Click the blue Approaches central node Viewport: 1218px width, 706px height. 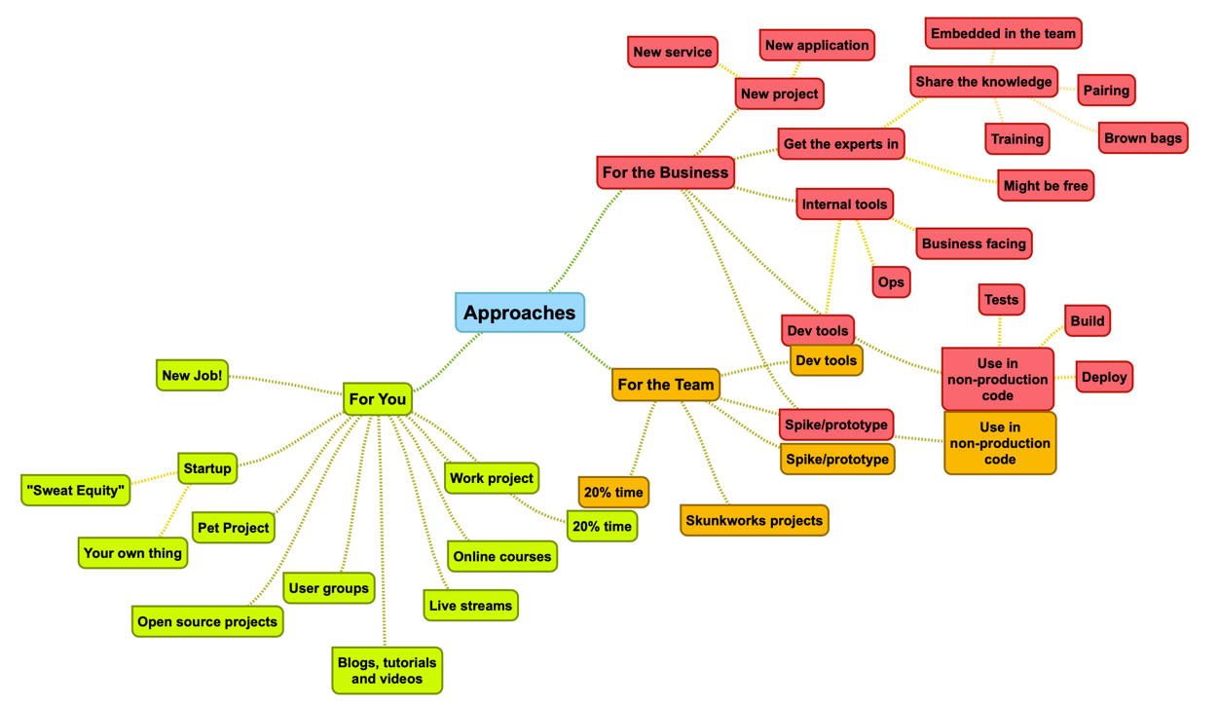click(520, 313)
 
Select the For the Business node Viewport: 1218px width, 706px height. click(665, 172)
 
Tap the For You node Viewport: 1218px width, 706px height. click(378, 398)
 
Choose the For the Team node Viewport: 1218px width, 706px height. click(666, 385)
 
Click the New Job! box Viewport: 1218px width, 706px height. click(192, 375)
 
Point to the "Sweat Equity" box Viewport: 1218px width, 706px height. click(76, 490)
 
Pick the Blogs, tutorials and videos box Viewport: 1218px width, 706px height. click(388, 670)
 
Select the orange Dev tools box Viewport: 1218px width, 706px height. click(826, 360)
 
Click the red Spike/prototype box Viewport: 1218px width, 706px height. click(835, 425)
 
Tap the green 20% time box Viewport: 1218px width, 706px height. click(602, 526)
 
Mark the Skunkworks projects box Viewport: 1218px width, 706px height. click(755, 521)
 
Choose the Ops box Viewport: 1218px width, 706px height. click(891, 281)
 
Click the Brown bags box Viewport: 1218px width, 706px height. click(1143, 137)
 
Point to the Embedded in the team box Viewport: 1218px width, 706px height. click(1003, 33)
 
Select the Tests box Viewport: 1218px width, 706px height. click(1001, 299)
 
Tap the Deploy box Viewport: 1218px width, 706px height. click(1104, 377)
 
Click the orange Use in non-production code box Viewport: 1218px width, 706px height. click(1000, 443)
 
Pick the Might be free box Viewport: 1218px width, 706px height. click(1046, 185)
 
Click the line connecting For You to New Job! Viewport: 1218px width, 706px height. click(285, 385)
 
